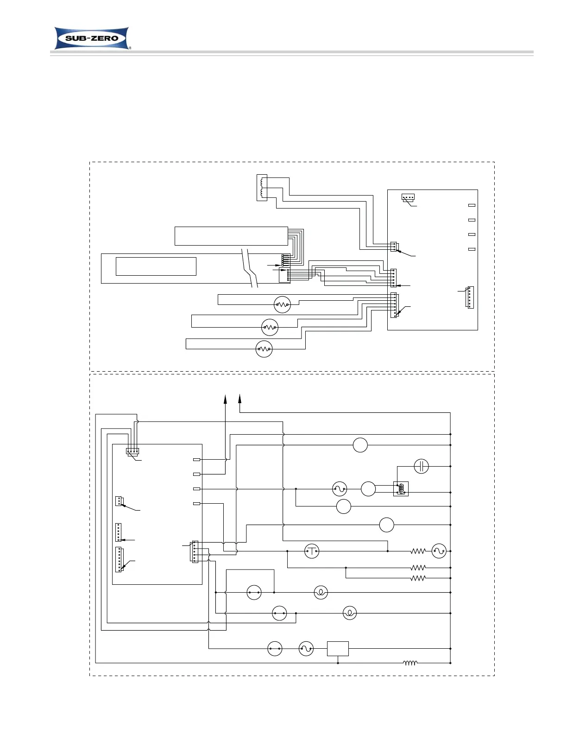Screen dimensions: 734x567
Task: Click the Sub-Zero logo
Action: coord(93,38)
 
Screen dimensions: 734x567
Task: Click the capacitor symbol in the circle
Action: coord(421,466)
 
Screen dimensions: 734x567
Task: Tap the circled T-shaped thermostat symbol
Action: coord(312,551)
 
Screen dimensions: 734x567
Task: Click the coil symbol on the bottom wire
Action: coord(410,663)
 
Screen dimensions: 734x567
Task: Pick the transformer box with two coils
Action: coord(262,187)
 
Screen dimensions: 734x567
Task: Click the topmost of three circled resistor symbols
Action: coord(282,304)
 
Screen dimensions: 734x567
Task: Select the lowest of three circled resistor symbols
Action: coord(264,349)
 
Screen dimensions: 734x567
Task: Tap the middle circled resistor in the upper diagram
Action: coord(270,327)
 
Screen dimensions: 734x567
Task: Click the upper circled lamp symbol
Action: coord(321,592)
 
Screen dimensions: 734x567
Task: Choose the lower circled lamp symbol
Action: coord(350,613)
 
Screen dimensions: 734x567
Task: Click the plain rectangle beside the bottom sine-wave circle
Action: coord(338,649)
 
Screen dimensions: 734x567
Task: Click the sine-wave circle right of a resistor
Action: coord(439,551)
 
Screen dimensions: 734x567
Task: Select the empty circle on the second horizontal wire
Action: coord(360,445)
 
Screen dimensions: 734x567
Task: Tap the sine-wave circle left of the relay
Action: coord(340,488)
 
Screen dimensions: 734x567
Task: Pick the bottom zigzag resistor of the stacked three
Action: coord(418,578)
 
